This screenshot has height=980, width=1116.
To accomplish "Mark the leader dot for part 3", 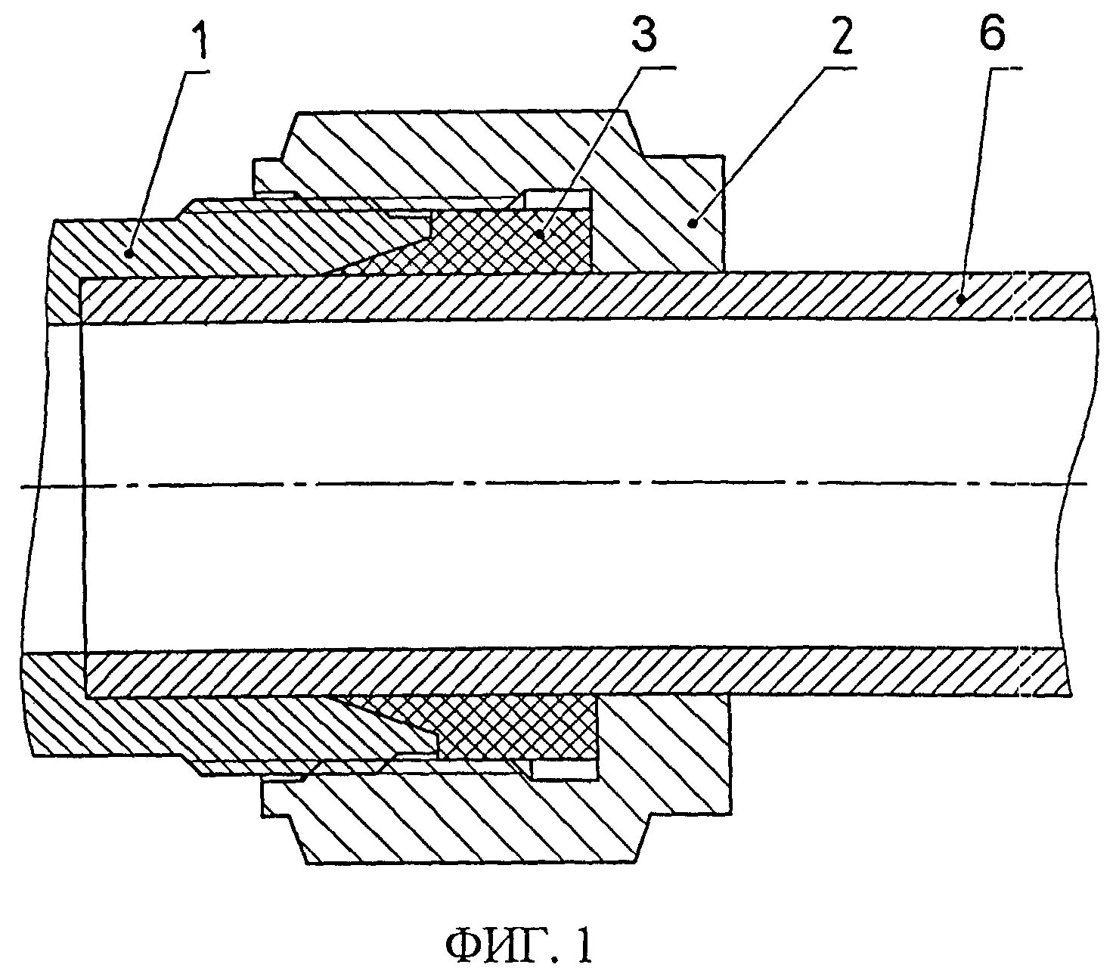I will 541,235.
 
